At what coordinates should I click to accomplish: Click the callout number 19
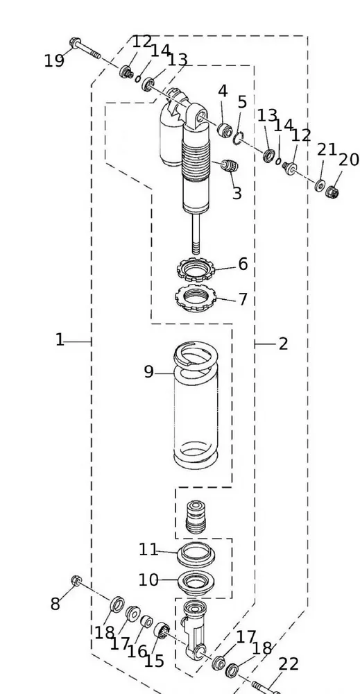coord(54,61)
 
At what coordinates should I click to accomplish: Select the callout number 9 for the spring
coord(148,372)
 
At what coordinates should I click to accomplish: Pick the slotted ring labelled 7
coord(196,298)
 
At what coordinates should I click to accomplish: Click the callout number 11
coord(148,550)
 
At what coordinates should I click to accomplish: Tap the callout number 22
coord(289,664)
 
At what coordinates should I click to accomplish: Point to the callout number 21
coord(327,150)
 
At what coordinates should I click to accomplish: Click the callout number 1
coord(60,340)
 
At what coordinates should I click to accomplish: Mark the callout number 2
coord(283,344)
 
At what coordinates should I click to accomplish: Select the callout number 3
coord(237,193)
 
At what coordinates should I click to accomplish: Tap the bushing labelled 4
coord(224,130)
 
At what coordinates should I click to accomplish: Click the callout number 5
coord(242,103)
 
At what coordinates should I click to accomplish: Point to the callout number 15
coord(154,661)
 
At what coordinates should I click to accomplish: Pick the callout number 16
coord(137,651)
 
